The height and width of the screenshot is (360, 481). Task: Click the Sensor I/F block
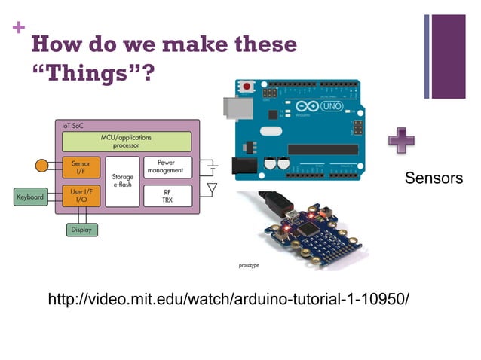pyautogui.click(x=81, y=167)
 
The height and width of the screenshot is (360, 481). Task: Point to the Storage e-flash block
pyautogui.click(x=122, y=182)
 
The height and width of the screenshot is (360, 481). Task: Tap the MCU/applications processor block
pyautogui.click(x=127, y=141)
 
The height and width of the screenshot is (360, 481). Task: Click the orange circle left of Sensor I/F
pyautogui.click(x=42, y=165)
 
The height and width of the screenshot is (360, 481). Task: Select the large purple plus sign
pyautogui.click(x=400, y=141)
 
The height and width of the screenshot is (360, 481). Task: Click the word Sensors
pyautogui.click(x=433, y=178)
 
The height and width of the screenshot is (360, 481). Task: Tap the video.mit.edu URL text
pyautogui.click(x=228, y=300)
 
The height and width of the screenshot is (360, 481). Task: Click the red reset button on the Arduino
pyautogui.click(x=247, y=88)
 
